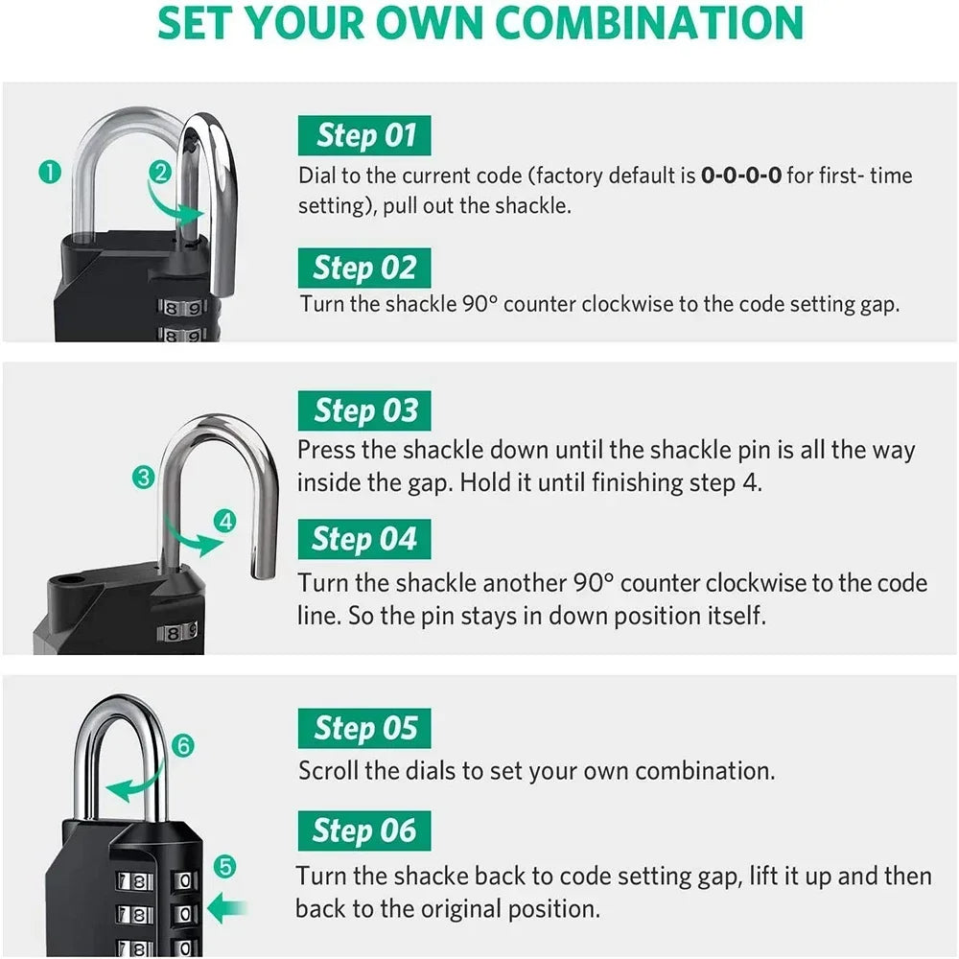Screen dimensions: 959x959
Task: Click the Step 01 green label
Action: click(x=364, y=136)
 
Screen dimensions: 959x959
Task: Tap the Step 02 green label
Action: click(x=364, y=268)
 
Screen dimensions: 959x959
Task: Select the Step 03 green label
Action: click(x=364, y=411)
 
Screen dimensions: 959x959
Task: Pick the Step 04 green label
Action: click(x=364, y=539)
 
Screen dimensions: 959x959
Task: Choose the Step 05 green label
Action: click(x=364, y=729)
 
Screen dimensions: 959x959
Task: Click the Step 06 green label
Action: click(x=364, y=830)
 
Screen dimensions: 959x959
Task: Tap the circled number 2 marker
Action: click(x=160, y=173)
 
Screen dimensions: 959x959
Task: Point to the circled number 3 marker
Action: click(x=144, y=477)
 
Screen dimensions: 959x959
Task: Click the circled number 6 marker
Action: click(x=184, y=745)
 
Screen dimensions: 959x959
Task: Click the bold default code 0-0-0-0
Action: click(x=740, y=175)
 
